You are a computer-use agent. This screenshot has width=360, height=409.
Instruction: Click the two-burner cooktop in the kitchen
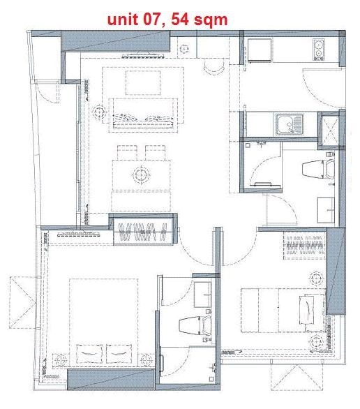coord(319,50)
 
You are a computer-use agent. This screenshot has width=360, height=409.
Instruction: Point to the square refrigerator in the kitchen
coord(260,50)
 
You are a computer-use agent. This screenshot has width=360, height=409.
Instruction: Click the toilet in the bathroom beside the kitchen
coord(319,169)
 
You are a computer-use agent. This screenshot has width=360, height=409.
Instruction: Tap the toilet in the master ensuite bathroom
coord(195,325)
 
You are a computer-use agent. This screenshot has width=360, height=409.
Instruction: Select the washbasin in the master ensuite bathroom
coord(202,294)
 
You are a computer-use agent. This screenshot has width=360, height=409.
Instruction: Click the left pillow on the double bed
coord(89,353)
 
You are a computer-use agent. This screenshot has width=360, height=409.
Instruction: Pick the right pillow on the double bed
coord(119,353)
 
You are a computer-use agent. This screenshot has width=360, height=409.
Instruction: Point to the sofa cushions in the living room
coord(142,119)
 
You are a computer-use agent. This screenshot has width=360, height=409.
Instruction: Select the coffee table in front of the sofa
coord(143,82)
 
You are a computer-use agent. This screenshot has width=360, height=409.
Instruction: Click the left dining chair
coord(127,153)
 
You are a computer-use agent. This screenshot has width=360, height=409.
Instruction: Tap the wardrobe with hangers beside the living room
coord(143,230)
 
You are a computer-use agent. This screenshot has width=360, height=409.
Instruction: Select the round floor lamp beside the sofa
coord(99,112)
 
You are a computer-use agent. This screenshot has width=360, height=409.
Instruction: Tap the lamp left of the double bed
coord(60,360)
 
